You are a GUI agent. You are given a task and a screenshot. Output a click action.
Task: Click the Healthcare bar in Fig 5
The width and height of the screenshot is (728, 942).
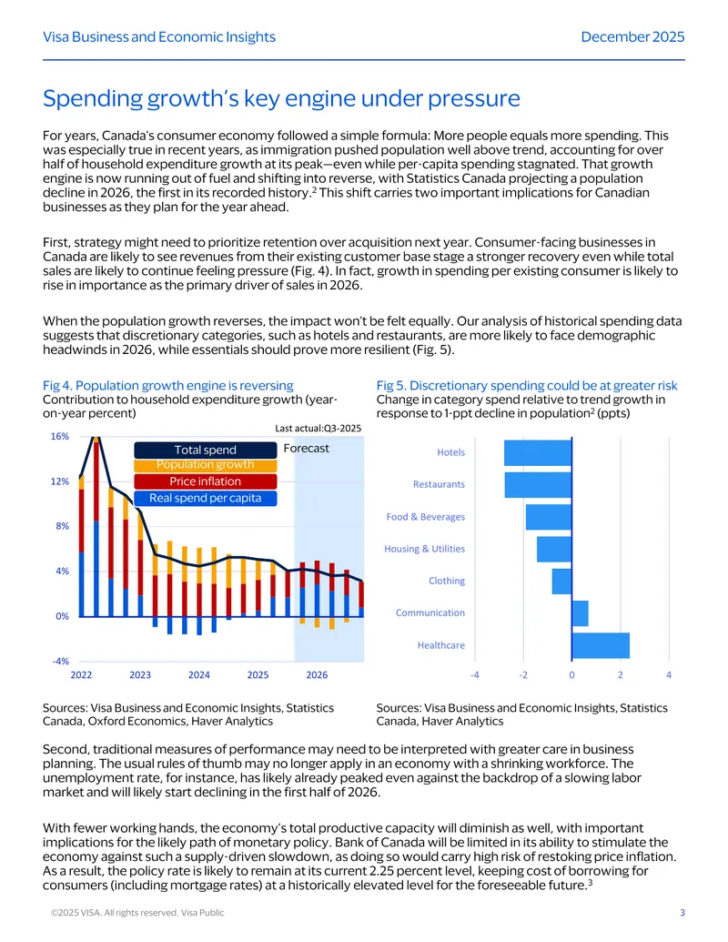click(601, 645)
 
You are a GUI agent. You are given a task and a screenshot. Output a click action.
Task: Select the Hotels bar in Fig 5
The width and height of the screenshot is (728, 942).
click(538, 453)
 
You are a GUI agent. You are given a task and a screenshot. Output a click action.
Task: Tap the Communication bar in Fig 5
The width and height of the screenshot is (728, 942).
click(581, 613)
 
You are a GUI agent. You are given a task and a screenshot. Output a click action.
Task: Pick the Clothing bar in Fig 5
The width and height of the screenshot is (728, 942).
click(561, 581)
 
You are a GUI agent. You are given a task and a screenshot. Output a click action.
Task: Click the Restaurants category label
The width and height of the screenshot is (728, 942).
click(439, 484)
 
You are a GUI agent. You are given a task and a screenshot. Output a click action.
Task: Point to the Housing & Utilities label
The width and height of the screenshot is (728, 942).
click(424, 549)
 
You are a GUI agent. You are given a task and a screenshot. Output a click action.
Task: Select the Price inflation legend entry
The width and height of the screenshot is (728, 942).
click(206, 481)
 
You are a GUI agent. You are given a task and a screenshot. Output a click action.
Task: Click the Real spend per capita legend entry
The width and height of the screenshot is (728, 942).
click(206, 498)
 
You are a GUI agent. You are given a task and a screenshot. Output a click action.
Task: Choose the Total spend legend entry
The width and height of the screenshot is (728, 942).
click(206, 450)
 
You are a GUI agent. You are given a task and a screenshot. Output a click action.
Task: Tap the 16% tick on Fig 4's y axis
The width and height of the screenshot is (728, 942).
click(59, 436)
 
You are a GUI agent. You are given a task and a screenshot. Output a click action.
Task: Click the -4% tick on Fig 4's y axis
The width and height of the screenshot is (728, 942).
click(61, 661)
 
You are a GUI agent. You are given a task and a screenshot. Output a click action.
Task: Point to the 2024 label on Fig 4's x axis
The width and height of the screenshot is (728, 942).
click(198, 674)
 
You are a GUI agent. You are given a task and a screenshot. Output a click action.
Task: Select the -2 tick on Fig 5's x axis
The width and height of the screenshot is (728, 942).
click(523, 674)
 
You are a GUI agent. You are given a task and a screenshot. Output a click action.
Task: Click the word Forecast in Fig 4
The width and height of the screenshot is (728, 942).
click(307, 448)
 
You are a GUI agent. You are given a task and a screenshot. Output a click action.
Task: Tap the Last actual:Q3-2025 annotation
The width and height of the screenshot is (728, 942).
click(318, 429)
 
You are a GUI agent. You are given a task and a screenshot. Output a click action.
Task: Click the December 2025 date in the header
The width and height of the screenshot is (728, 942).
click(632, 36)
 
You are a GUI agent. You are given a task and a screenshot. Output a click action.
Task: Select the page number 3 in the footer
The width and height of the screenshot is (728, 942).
click(682, 913)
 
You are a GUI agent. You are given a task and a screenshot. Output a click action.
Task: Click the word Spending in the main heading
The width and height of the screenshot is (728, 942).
click(93, 99)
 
